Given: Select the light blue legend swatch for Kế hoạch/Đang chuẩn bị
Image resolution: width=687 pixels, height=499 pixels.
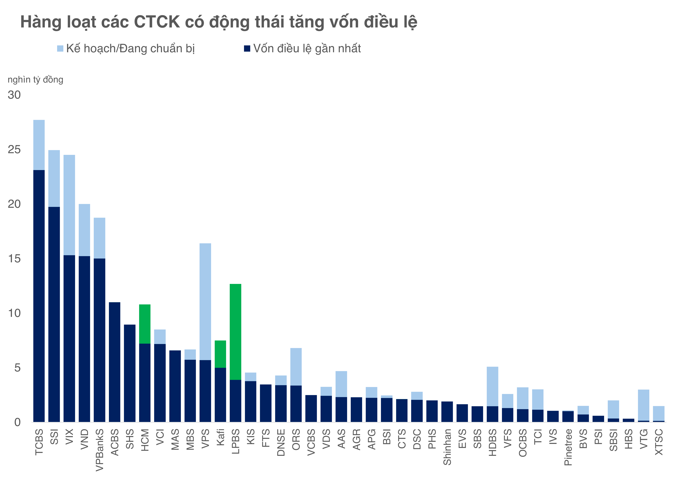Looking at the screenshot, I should pyautogui.click(x=60, y=49).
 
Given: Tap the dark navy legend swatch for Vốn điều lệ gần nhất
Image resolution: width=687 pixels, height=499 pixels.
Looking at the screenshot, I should pyautogui.click(x=247, y=49).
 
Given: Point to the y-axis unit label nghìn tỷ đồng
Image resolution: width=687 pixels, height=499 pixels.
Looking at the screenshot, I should pyautogui.click(x=36, y=80).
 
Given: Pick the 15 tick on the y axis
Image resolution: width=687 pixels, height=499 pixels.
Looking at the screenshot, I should pyautogui.click(x=14, y=259).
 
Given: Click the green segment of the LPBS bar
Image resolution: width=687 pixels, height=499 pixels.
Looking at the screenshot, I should pyautogui.click(x=235, y=332).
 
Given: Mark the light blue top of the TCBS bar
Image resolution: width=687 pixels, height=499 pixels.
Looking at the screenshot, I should pyautogui.click(x=39, y=145).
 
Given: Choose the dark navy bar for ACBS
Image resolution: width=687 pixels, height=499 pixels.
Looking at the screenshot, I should pyautogui.click(x=115, y=362).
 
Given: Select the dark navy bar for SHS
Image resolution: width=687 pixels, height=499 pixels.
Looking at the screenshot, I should pyautogui.click(x=130, y=373).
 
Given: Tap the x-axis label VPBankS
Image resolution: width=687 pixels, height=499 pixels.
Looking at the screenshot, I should pyautogui.click(x=99, y=450).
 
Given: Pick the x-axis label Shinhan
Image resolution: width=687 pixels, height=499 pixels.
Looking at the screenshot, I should pyautogui.click(x=447, y=447).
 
